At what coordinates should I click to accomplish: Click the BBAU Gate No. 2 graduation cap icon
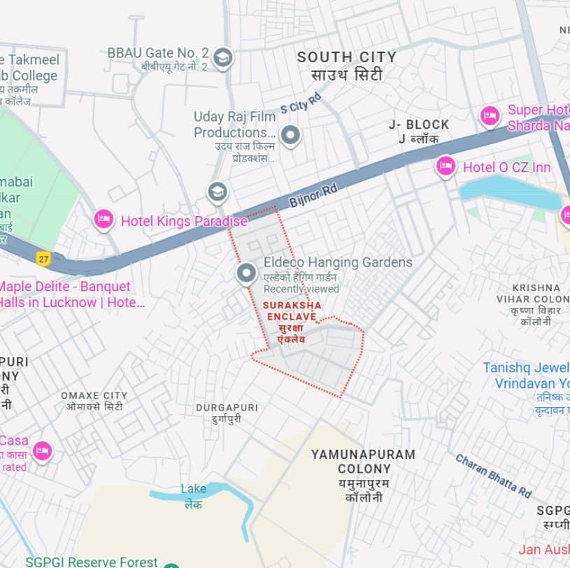pos(222,57)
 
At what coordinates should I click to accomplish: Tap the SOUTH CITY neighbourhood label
pos(346,57)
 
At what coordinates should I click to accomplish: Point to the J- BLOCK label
pos(419,125)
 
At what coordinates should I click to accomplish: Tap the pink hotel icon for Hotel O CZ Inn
pos(446,166)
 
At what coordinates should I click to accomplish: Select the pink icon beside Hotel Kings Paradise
pos(104,220)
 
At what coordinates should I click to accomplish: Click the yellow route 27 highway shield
pos(44,258)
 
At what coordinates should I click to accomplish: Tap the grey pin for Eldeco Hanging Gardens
pos(245,274)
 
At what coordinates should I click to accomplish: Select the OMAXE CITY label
pos(94,396)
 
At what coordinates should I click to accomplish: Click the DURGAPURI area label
pos(227,407)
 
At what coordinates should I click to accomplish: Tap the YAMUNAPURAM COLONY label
pos(363,461)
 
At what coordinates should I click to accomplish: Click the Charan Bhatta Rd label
pos(493,476)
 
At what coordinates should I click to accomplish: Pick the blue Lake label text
pos(194,489)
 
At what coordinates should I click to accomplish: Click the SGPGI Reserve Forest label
pos(92,562)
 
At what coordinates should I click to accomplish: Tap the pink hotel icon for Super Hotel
pos(490,116)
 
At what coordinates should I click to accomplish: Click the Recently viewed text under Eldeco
pos(301,289)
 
